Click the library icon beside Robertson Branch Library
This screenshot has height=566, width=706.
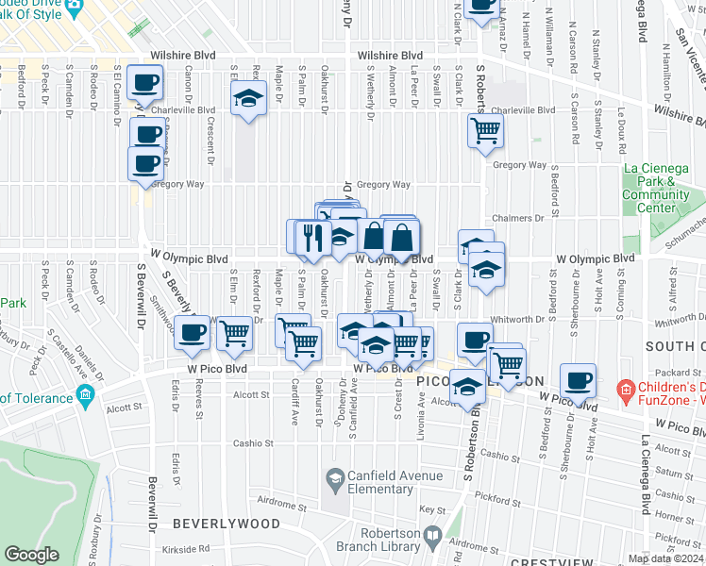(431, 538)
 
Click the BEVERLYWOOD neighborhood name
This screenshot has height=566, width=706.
(226, 523)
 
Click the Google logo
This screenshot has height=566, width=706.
(32, 555)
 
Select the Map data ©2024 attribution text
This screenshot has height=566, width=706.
(665, 559)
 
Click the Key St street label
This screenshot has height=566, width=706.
(432, 509)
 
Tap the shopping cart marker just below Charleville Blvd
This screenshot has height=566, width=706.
(485, 130)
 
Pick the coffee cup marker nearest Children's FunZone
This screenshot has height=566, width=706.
(578, 380)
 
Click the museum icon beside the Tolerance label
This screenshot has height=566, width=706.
(86, 392)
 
